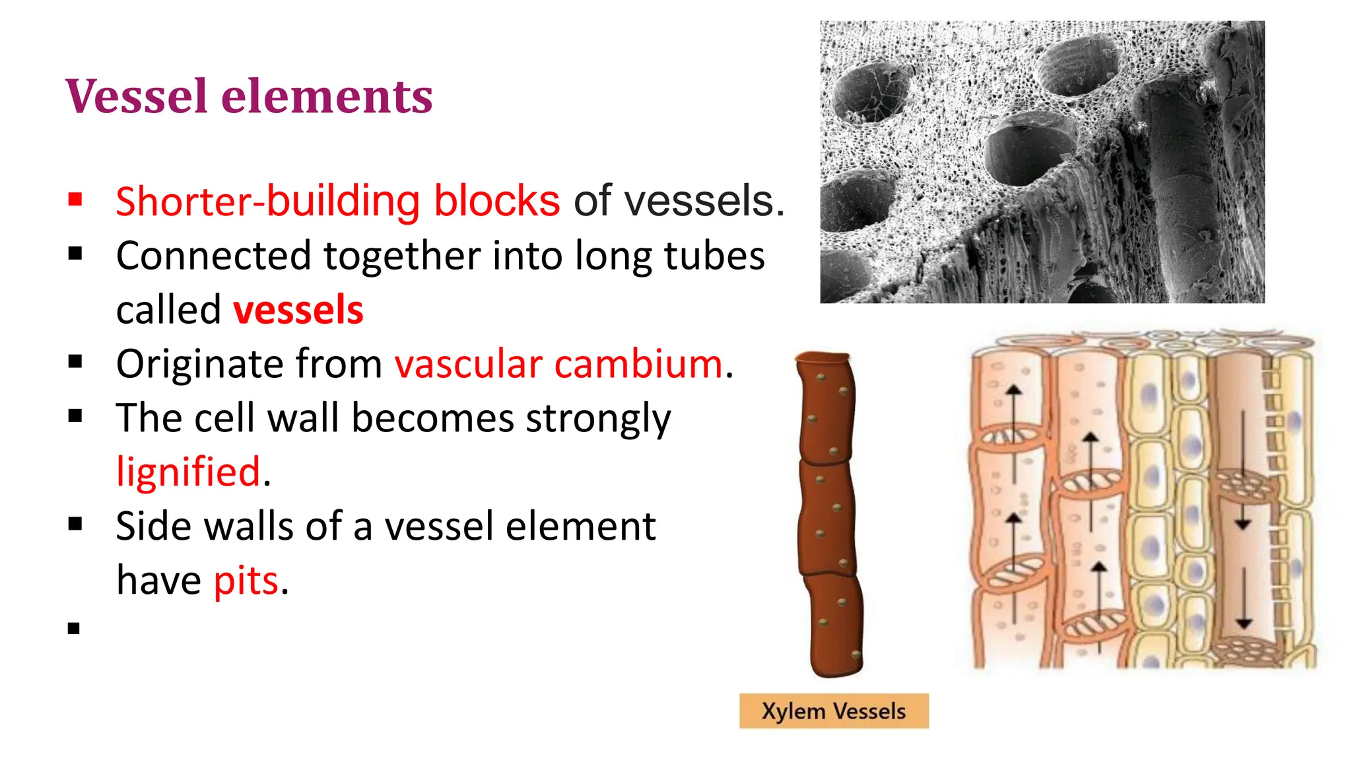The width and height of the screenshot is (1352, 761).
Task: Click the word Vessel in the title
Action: pyautogui.click(x=137, y=96)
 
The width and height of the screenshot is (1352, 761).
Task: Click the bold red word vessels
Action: pyautogui.click(x=298, y=310)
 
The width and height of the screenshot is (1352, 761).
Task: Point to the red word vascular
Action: pyautogui.click(x=469, y=364)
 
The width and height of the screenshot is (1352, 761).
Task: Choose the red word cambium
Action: pyautogui.click(x=638, y=364)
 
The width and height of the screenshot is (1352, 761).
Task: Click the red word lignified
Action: pyautogui.click(x=188, y=472)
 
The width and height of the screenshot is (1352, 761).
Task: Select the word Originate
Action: pyautogui.click(x=203, y=364)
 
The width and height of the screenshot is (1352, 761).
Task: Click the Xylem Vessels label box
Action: pyautogui.click(x=834, y=711)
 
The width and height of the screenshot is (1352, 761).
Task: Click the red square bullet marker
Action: pyautogui.click(x=75, y=199)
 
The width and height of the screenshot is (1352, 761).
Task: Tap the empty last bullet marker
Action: pyautogui.click(x=74, y=628)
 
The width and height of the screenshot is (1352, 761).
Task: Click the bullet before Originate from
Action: pyautogui.click(x=75, y=361)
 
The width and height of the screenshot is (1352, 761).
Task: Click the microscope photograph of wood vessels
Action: pyautogui.click(x=1042, y=162)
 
